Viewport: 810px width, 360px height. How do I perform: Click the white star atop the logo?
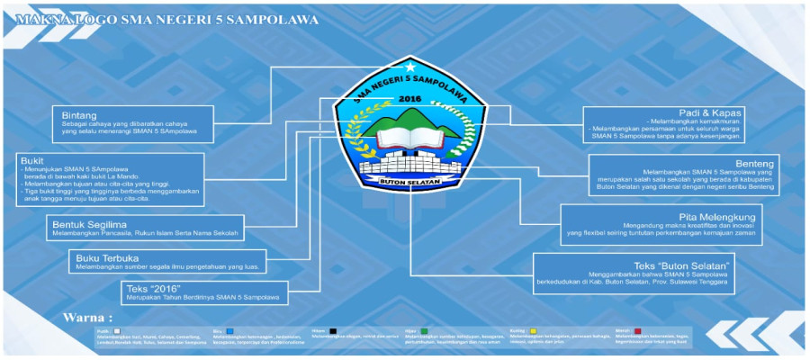(411, 66)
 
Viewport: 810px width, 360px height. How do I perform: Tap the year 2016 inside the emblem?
(409, 98)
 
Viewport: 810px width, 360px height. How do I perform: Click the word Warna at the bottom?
(86, 318)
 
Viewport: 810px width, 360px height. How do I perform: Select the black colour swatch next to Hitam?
(334, 331)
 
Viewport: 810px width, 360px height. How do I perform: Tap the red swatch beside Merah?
(636, 331)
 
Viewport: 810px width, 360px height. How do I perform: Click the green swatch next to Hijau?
(421, 331)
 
